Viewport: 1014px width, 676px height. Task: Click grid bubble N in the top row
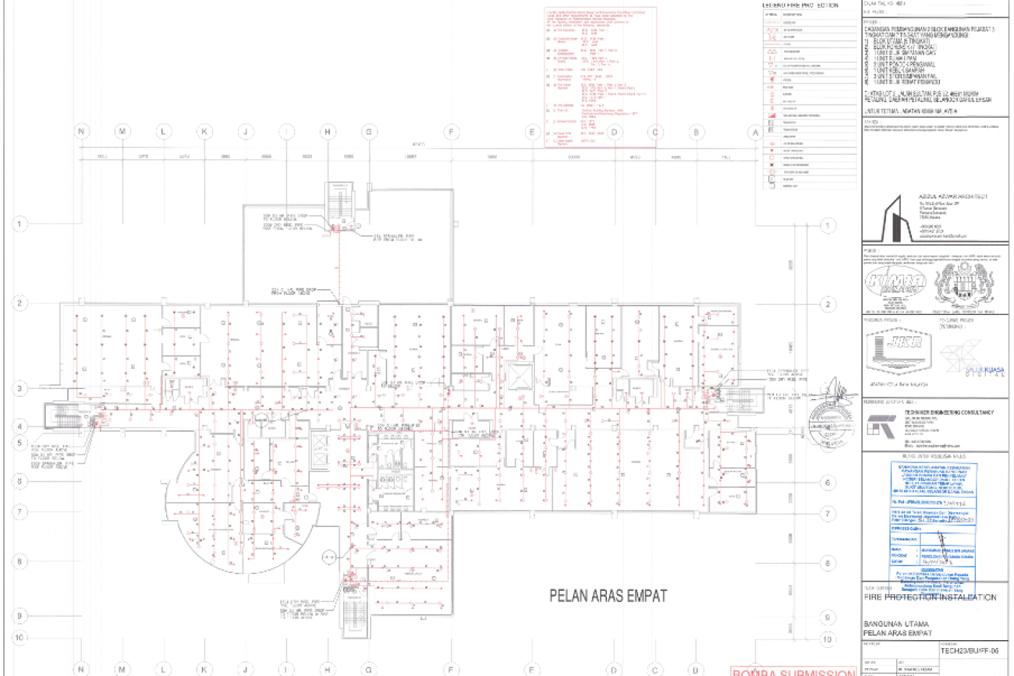pos(81,132)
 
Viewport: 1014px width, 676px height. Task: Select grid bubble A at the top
pos(754,132)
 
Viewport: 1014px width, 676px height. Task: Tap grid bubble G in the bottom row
pos(368,669)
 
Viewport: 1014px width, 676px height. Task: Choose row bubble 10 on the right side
pos(826,639)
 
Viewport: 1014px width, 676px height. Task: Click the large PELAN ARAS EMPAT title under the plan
pos(608,596)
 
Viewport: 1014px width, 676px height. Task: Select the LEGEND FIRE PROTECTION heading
pos(800,5)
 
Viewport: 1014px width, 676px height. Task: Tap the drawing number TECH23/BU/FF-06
pos(970,649)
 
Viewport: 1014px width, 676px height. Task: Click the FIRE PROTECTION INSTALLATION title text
pos(931,597)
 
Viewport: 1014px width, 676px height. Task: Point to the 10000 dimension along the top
pos(575,157)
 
